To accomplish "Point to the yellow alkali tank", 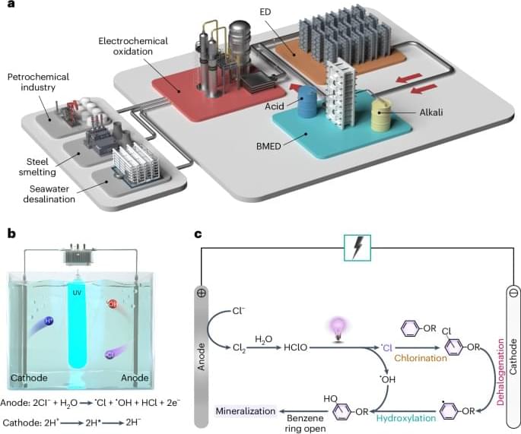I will point(384,117).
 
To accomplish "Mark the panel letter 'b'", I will point(11,234).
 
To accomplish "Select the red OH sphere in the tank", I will point(113,305).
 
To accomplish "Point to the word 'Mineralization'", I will point(246,410).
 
